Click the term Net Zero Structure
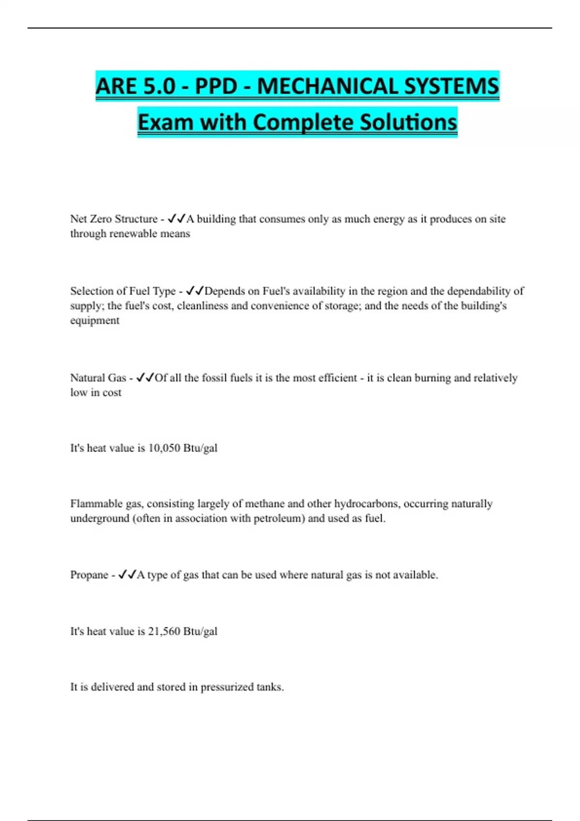coord(114,219)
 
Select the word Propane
coord(89,575)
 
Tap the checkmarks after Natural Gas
coord(145,378)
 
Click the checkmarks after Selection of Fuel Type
coord(195,291)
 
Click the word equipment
coord(95,320)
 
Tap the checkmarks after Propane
coord(127,575)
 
